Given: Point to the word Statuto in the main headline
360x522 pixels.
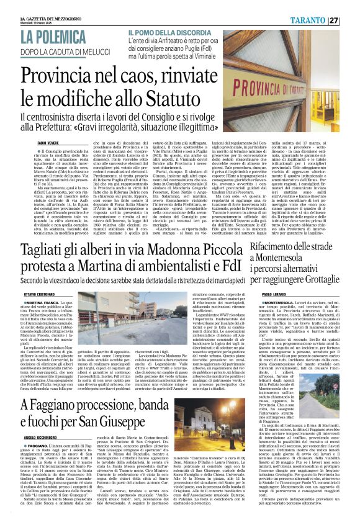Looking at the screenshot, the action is (196, 94).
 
